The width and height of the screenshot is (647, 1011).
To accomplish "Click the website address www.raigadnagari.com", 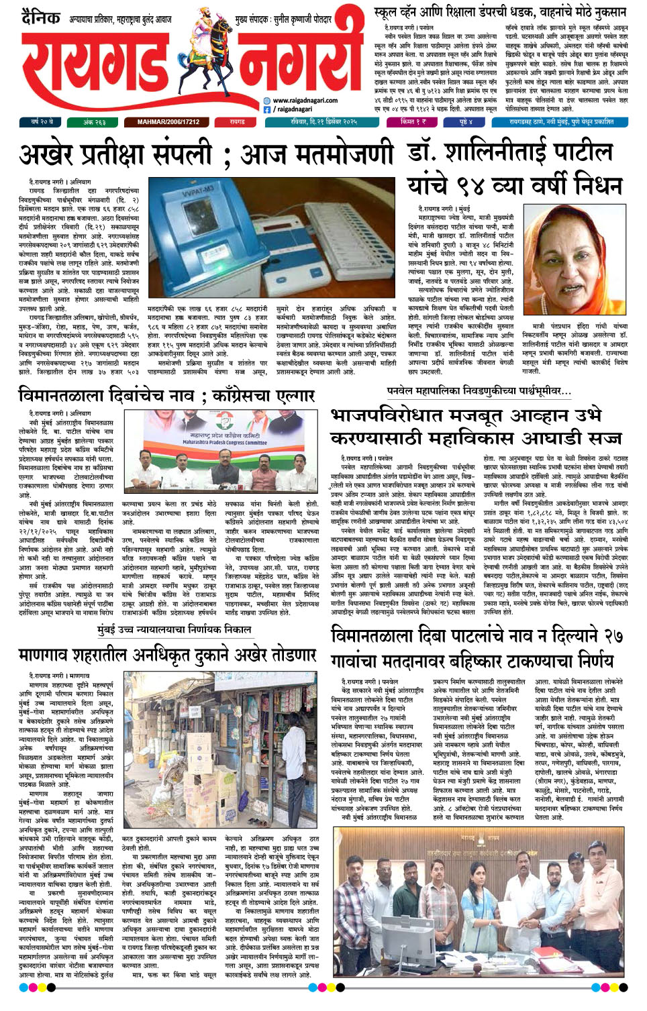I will (x=305, y=101).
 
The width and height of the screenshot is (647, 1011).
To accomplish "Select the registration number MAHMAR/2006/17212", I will (x=168, y=122).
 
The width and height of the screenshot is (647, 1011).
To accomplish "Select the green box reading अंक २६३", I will (x=94, y=122).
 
